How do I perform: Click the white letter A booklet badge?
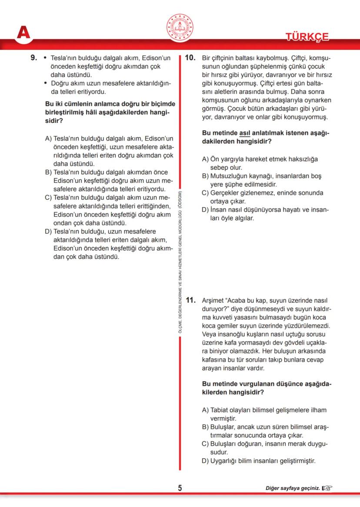click(23, 33)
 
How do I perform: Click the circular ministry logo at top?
click(180, 27)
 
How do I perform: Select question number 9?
click(34, 57)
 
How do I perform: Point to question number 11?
click(191, 300)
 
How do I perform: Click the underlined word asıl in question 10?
click(245, 133)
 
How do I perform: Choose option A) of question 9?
click(49, 139)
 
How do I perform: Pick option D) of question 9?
click(49, 232)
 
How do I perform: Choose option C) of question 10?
click(206, 193)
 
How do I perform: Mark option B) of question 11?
click(206, 427)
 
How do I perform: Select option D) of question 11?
click(206, 461)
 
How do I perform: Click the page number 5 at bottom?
click(180, 488)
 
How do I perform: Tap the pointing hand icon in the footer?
click(327, 488)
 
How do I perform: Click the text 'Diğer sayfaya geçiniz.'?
click(293, 488)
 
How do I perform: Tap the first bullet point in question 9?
click(45, 57)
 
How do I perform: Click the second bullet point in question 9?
click(45, 83)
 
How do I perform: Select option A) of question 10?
click(206, 159)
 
